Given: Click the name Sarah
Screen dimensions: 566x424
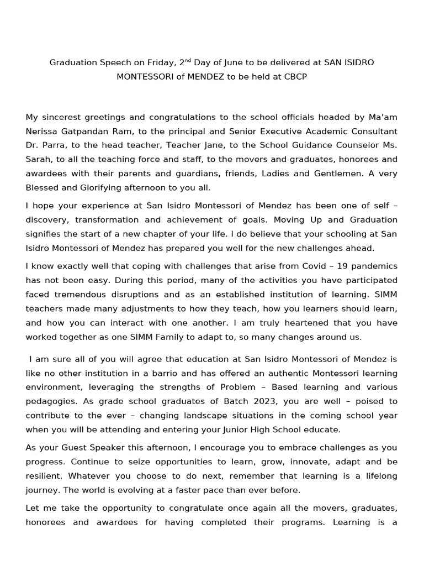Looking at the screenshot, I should [39, 160].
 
